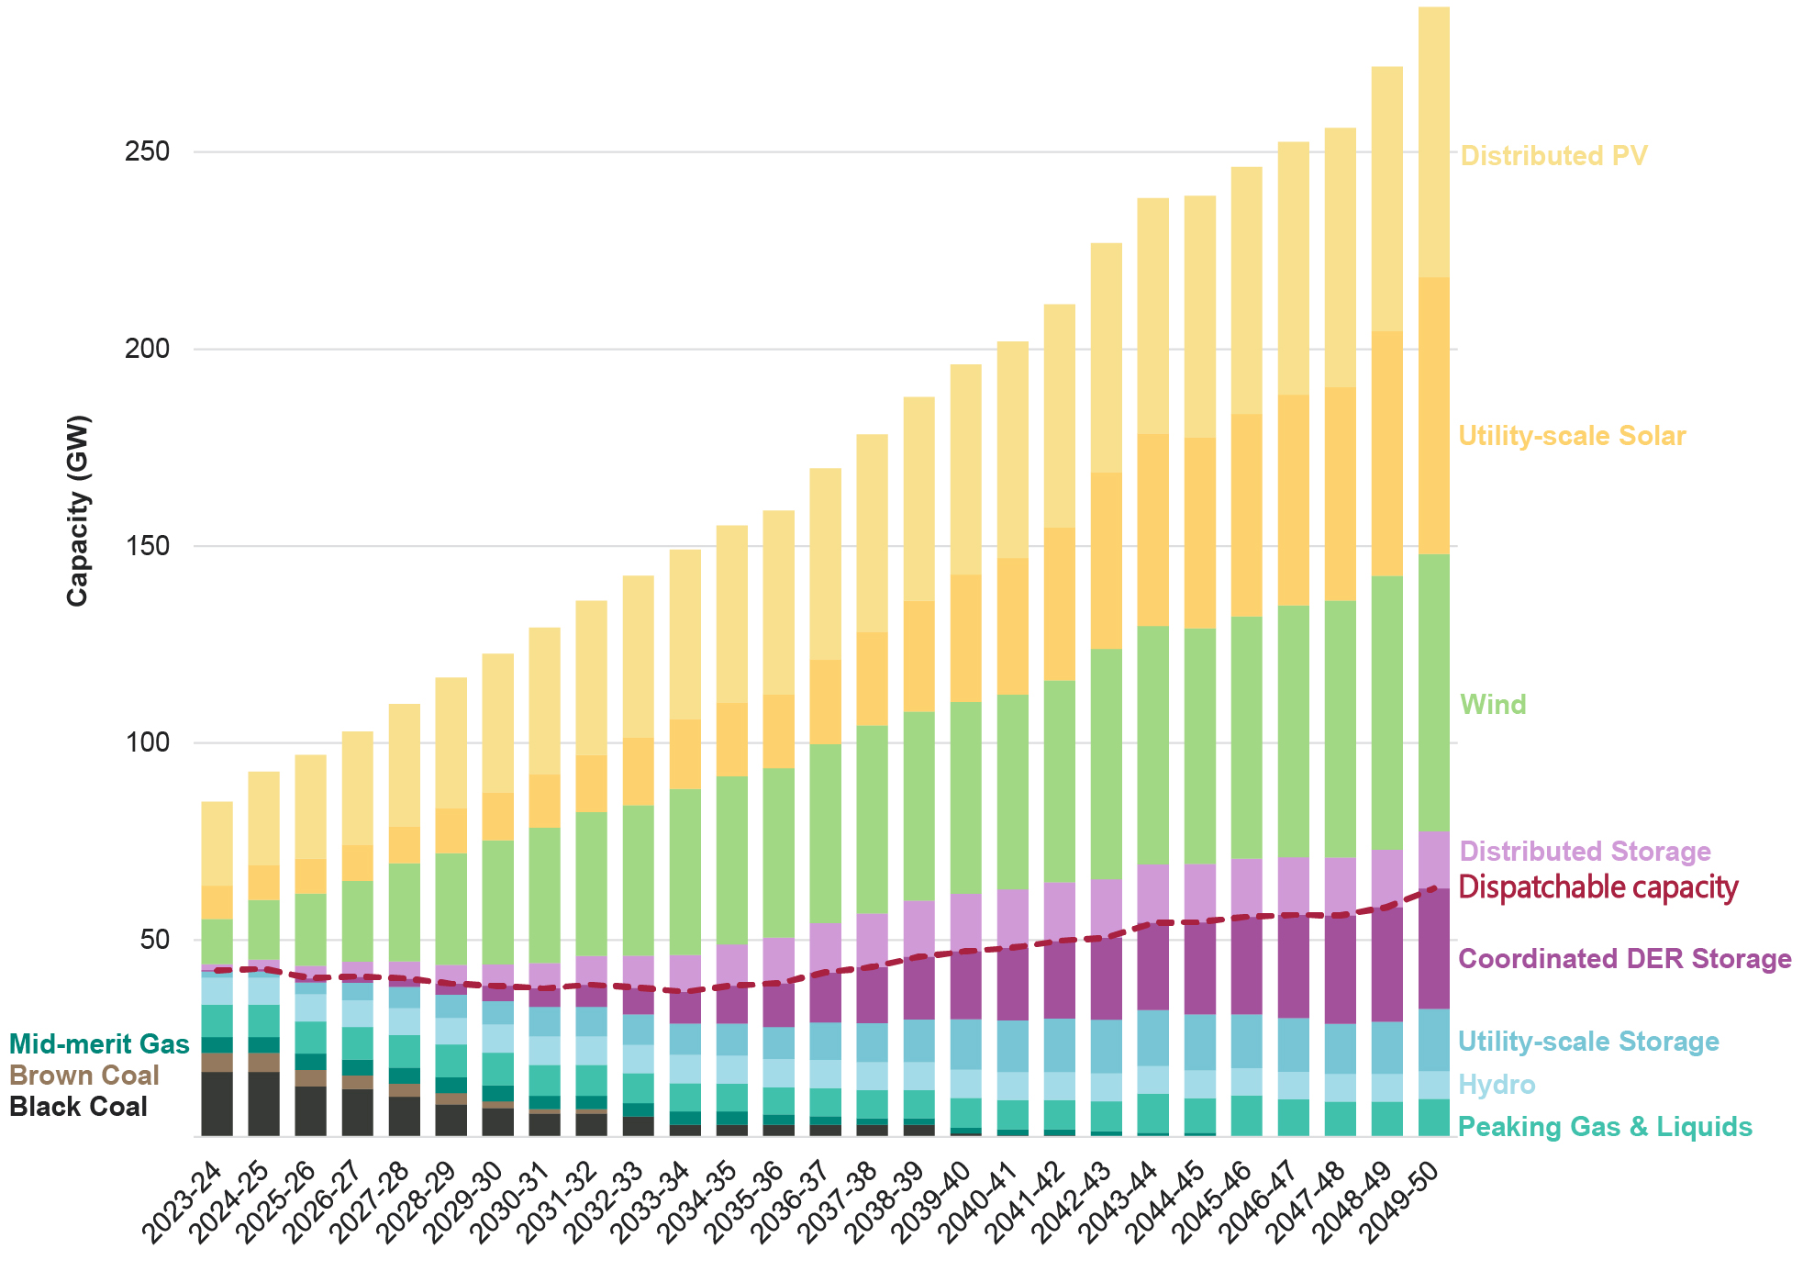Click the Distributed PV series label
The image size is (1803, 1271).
tap(1553, 156)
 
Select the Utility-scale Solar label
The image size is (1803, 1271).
tap(1572, 436)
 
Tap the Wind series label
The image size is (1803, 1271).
tap(1493, 705)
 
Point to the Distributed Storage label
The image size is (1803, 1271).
tap(1585, 852)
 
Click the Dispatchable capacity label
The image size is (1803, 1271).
tap(1597, 887)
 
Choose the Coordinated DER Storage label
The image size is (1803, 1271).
tap(1624, 959)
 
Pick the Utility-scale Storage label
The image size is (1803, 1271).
tap(1588, 1042)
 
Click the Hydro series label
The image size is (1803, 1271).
tap(1497, 1085)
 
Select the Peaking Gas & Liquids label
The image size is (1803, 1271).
tap(1605, 1127)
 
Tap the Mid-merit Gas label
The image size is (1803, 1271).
tap(99, 1044)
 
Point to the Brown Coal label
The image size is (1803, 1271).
tap(84, 1076)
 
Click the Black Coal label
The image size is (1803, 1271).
tap(78, 1107)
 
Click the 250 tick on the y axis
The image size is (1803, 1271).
tap(148, 151)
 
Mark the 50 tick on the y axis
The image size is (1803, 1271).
tap(155, 940)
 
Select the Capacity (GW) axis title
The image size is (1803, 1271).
tap(78, 510)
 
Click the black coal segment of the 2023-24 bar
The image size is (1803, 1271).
tap(217, 1104)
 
